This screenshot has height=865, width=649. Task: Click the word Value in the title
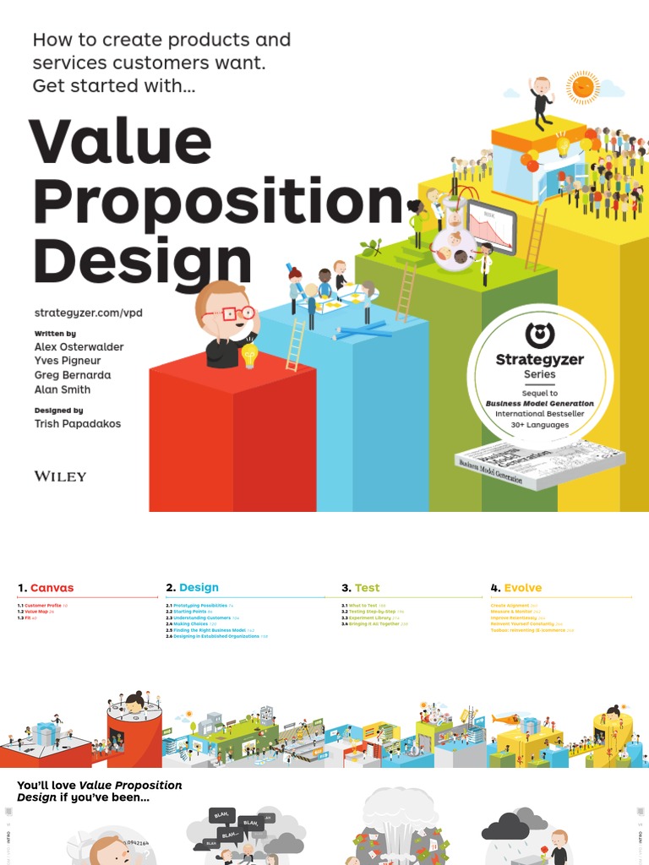coord(120,142)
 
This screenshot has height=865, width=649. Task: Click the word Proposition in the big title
coord(217,203)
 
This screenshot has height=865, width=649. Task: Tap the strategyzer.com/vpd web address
coord(88,313)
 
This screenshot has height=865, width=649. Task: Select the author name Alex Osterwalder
coord(79,346)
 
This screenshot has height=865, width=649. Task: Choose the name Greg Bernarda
coord(72,375)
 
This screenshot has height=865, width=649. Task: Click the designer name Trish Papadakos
coord(77,423)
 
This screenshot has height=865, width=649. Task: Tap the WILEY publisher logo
coord(60,476)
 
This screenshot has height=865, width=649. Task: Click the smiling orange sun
coord(583,86)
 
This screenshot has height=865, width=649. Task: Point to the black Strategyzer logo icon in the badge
coord(539,335)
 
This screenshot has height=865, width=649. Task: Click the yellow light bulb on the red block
coord(249,355)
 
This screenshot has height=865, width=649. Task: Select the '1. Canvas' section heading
coord(46,588)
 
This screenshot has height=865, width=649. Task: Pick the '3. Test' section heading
coord(361,588)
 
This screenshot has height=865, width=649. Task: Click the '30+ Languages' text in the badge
coord(539,426)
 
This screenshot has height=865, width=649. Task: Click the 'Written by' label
coord(55,334)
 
